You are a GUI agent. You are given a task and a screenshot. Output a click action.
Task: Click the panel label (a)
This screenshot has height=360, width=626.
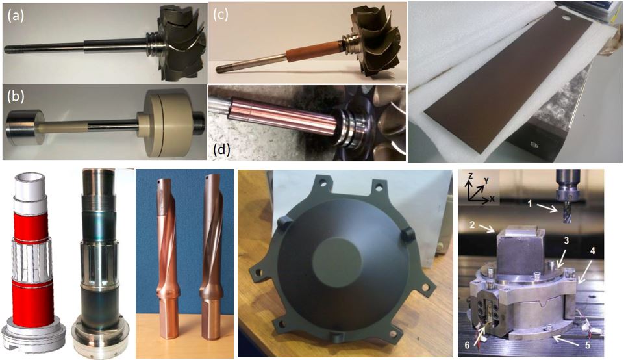pos(15,16)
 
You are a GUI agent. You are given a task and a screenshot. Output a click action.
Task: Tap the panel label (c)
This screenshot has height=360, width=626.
pos(220,16)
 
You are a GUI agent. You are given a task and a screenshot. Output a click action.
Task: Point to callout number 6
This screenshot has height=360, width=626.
pos(467,346)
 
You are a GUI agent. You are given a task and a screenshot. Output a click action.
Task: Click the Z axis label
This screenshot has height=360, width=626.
pos(471,176)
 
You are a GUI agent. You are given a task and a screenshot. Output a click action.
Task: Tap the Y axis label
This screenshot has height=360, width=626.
pos(486,181)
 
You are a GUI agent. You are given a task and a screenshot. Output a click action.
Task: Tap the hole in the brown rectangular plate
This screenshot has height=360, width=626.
pos(566,18)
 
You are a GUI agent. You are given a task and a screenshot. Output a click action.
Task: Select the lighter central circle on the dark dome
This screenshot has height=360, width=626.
pos(334,262)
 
